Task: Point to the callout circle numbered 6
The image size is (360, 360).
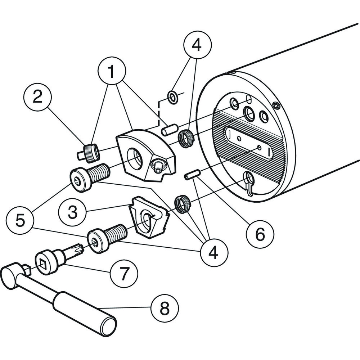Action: pos(260,234)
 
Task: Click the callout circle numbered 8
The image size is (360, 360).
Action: pos(165,307)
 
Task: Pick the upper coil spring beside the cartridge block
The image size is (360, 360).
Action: pos(185,139)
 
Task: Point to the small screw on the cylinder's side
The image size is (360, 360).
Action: pos(276,105)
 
